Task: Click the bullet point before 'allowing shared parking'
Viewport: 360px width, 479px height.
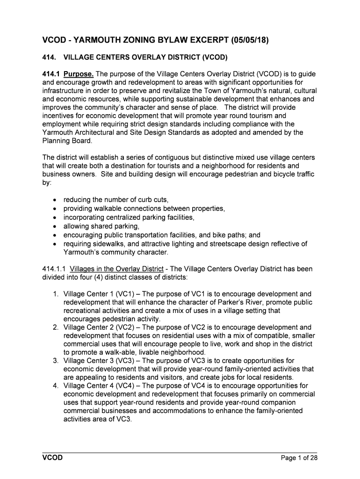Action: (x=56, y=227)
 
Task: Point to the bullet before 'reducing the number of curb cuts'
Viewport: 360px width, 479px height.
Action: (x=56, y=200)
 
